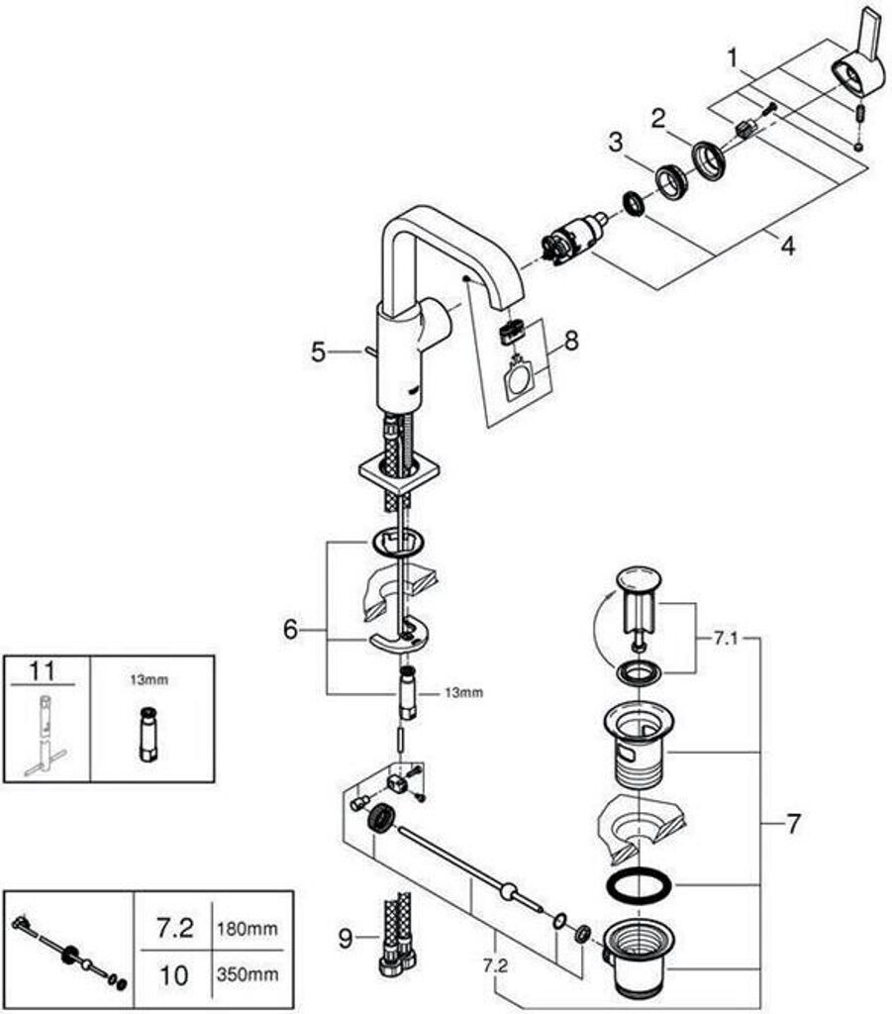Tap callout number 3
coord(616,142)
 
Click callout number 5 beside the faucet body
coord(318,352)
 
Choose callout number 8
coord(570,342)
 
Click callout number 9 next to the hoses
coord(345,937)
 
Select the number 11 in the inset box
coord(42,671)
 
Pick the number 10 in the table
coord(174,974)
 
